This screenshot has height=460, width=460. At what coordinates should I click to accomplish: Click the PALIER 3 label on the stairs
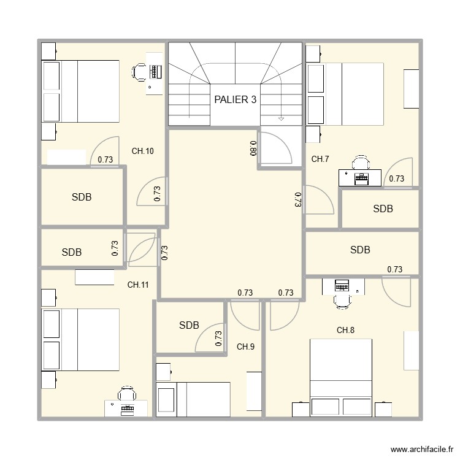[x=235, y=100]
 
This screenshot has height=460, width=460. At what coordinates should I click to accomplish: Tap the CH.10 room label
[x=142, y=151]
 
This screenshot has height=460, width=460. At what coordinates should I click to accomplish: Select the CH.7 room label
[x=320, y=159]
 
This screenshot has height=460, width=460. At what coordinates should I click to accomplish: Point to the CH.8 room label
[x=345, y=331]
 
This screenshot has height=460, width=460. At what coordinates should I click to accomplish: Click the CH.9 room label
[x=245, y=347]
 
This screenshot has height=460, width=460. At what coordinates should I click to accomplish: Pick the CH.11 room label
[x=138, y=285]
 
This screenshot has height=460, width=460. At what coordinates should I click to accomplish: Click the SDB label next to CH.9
[x=189, y=326]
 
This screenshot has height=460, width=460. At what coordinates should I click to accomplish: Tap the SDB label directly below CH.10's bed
[x=82, y=197]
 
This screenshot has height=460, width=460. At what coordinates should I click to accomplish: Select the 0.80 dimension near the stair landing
[x=253, y=148]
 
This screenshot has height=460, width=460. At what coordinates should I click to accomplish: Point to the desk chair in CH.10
[x=140, y=72]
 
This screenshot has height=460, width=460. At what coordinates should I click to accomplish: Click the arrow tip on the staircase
[x=282, y=118]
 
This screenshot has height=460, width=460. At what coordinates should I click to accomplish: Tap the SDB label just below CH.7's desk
[x=383, y=209]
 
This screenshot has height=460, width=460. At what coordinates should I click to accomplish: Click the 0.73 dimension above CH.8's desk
[x=394, y=269]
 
